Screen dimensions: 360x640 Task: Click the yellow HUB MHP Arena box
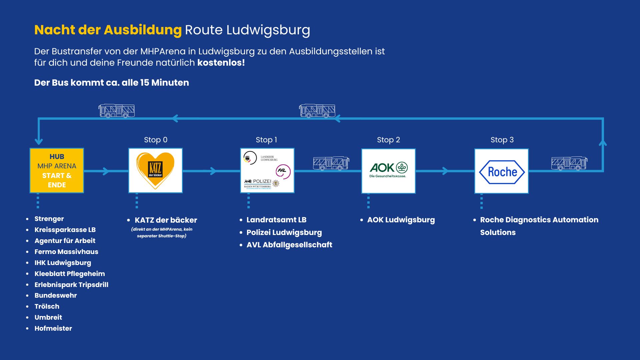coord(57,170)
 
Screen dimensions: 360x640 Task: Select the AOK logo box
coord(388,170)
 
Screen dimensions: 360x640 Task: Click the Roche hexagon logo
coord(502,172)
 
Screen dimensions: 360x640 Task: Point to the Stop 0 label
coord(156,140)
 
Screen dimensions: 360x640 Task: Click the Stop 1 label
coord(266,140)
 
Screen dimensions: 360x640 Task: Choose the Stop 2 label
coord(388,140)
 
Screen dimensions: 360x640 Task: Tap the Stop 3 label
coord(502,140)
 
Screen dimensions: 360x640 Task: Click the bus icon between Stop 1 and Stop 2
coord(331,163)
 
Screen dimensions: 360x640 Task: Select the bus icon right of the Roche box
coord(569,163)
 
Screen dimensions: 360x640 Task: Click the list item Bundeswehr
coord(56,295)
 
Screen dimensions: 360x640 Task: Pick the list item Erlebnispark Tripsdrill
coord(71,285)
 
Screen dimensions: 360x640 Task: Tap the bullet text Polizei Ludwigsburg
coord(284,232)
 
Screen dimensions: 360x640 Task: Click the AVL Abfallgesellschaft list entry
coord(289,245)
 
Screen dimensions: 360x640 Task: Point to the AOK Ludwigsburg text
coord(401,220)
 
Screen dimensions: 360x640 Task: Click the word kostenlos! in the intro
coord(221,63)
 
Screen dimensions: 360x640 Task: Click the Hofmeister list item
coord(53,328)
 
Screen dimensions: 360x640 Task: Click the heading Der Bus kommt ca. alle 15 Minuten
coord(111,83)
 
